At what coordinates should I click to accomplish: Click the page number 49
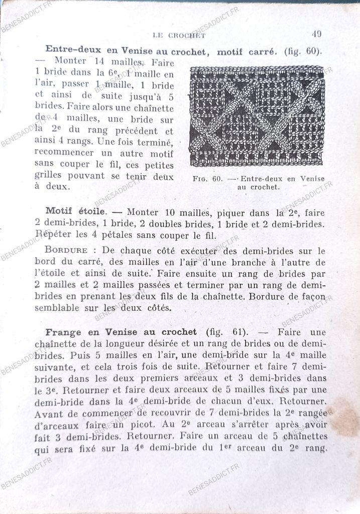tap(316, 34)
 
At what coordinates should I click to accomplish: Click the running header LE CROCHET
tap(179, 35)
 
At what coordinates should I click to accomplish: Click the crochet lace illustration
tap(257, 116)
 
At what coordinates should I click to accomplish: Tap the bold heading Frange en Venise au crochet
tap(121, 332)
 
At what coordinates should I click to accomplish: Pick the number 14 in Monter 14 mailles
tap(98, 62)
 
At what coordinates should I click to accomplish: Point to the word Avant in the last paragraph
tap(48, 414)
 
